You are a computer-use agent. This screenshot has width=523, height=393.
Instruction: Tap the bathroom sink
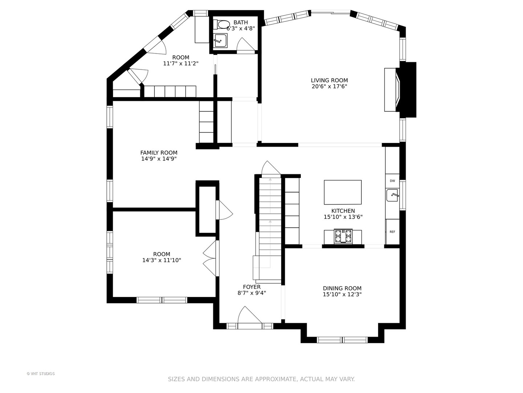(x=220, y=40)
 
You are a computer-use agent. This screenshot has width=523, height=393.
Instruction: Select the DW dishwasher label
(x=392, y=181)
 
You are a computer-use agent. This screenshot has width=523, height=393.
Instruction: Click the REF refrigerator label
(x=392, y=232)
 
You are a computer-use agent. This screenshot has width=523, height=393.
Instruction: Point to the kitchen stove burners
(x=343, y=236)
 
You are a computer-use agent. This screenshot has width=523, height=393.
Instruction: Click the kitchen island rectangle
(x=342, y=192)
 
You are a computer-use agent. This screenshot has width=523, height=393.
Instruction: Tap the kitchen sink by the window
(x=392, y=195)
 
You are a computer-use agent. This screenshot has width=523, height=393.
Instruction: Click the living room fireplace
(x=400, y=90)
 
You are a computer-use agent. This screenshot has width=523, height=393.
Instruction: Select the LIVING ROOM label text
(x=329, y=80)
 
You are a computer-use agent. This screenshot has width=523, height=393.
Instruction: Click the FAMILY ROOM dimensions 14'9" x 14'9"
(x=159, y=159)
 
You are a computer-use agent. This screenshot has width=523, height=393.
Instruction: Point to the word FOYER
(x=252, y=287)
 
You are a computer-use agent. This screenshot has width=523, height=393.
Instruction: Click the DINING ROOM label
(x=342, y=288)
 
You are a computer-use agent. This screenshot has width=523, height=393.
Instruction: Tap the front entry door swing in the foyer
(x=250, y=315)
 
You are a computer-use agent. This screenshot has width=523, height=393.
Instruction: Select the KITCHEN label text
(x=343, y=211)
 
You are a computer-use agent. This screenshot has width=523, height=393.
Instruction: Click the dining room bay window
(x=342, y=340)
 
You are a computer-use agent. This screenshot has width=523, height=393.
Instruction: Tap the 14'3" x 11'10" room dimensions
(x=162, y=260)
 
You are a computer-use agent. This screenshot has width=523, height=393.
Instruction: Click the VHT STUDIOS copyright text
(x=41, y=374)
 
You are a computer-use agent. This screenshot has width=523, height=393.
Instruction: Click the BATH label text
(x=241, y=23)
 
